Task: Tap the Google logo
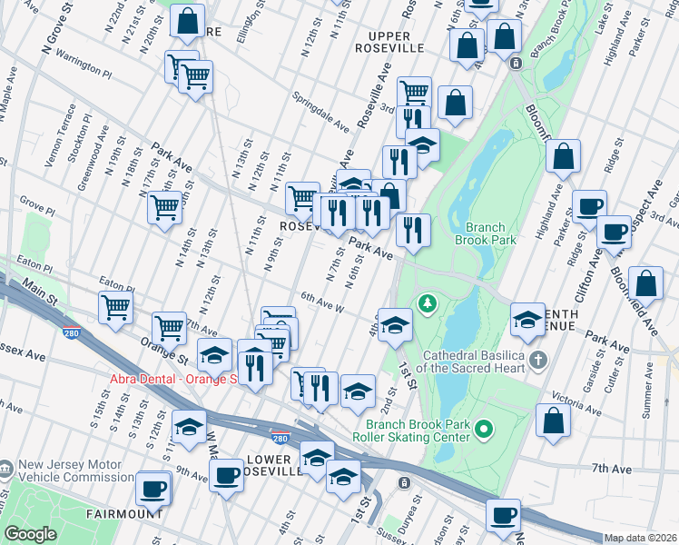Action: [x=30, y=534]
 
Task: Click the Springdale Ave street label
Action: [x=320, y=111]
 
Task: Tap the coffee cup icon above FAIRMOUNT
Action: [x=153, y=489]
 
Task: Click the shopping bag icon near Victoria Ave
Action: [x=553, y=421]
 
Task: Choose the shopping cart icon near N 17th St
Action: [x=165, y=208]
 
